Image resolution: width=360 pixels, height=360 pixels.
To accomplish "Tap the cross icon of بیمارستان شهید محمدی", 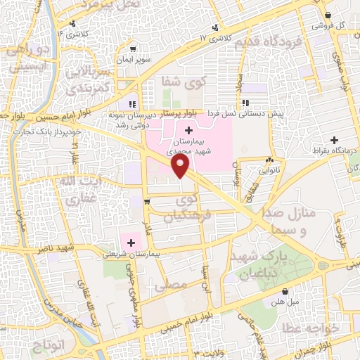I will (188, 130).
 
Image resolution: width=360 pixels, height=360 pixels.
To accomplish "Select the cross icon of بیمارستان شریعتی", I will (131, 242).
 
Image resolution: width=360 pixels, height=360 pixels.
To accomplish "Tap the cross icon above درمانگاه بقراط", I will (335, 140).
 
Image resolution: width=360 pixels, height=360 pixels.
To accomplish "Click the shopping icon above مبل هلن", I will (285, 291).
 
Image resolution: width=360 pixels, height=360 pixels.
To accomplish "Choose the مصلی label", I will (174, 285).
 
